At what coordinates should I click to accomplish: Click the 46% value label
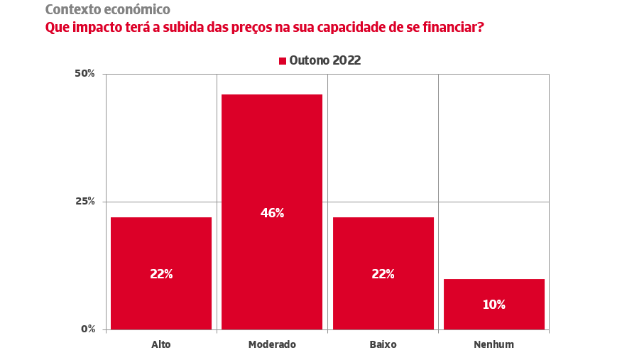(272, 213)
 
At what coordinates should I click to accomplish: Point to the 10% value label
(493, 305)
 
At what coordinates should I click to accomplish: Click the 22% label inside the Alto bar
(161, 274)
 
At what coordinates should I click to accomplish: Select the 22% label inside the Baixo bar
(383, 274)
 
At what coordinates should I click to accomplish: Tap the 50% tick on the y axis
(85, 74)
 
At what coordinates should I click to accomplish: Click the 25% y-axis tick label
(85, 202)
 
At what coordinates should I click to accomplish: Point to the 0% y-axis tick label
(88, 329)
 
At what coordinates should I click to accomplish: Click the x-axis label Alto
(161, 345)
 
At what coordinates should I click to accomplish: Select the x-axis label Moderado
(272, 345)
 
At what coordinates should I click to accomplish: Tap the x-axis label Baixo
(383, 345)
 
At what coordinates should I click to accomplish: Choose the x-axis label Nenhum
(493, 345)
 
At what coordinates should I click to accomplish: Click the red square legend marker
(283, 61)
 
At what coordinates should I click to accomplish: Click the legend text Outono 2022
(324, 61)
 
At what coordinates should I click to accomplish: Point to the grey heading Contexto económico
(107, 10)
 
